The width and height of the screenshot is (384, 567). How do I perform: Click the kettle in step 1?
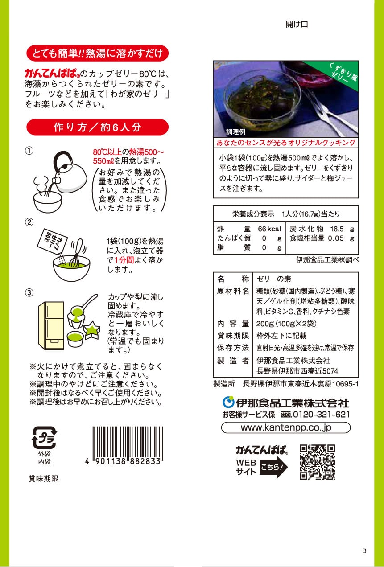click(70, 173)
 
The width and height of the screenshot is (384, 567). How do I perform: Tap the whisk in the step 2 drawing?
click(77, 253)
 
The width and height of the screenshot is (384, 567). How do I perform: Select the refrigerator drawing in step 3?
click(51, 326)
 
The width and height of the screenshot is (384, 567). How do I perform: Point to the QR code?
click(317, 462)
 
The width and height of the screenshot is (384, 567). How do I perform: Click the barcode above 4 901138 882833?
click(128, 442)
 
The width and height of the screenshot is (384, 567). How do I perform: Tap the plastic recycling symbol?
click(44, 437)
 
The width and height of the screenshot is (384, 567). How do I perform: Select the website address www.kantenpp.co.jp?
click(286, 427)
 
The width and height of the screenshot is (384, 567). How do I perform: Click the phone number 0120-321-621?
click(321, 415)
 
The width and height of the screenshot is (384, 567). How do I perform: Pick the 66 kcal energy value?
click(269, 229)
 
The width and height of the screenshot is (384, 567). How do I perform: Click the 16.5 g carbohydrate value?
click(342, 229)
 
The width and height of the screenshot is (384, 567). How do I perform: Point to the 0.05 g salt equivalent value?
click(341, 238)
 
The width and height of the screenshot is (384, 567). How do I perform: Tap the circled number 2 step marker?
click(29, 222)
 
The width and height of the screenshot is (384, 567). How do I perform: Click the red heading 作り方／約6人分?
click(98, 127)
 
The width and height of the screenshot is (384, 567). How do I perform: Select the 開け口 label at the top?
click(297, 25)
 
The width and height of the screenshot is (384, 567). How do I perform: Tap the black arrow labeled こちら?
click(273, 467)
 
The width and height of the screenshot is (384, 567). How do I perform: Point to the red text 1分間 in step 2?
click(124, 260)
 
